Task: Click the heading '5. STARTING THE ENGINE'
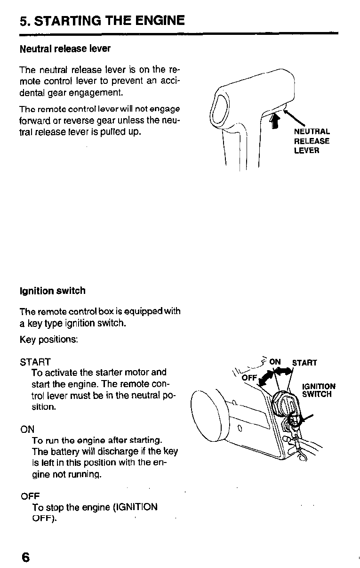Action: [x=102, y=21]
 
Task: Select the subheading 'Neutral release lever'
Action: [x=65, y=49]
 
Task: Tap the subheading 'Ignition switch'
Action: [x=52, y=291]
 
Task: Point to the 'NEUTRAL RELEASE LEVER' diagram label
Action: [x=312, y=141]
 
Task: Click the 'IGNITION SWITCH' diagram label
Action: [x=319, y=390]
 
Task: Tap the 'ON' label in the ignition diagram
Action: [x=275, y=362]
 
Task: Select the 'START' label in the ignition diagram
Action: [x=304, y=363]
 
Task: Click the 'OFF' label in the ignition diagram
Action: [x=249, y=378]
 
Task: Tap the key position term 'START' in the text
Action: [x=35, y=362]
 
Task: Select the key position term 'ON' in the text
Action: [x=27, y=429]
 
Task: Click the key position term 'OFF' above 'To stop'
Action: [x=29, y=496]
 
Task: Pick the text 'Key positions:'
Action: [x=49, y=340]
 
